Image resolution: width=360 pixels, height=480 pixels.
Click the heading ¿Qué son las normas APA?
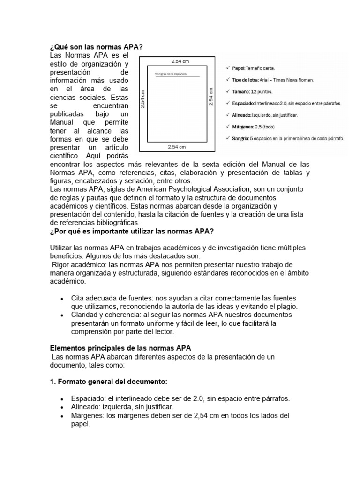click(96, 47)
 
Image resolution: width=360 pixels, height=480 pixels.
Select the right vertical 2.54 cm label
click(211, 96)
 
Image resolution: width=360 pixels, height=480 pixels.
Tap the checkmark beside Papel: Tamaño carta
click(227, 68)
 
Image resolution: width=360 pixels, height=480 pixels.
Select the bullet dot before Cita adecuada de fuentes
click(62, 299)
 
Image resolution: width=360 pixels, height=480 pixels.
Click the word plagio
click(286, 306)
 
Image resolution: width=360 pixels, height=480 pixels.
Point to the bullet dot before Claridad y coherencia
click(62, 315)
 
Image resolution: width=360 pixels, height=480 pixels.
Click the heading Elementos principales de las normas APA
click(120, 348)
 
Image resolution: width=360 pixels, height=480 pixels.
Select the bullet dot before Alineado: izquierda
click(62, 407)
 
